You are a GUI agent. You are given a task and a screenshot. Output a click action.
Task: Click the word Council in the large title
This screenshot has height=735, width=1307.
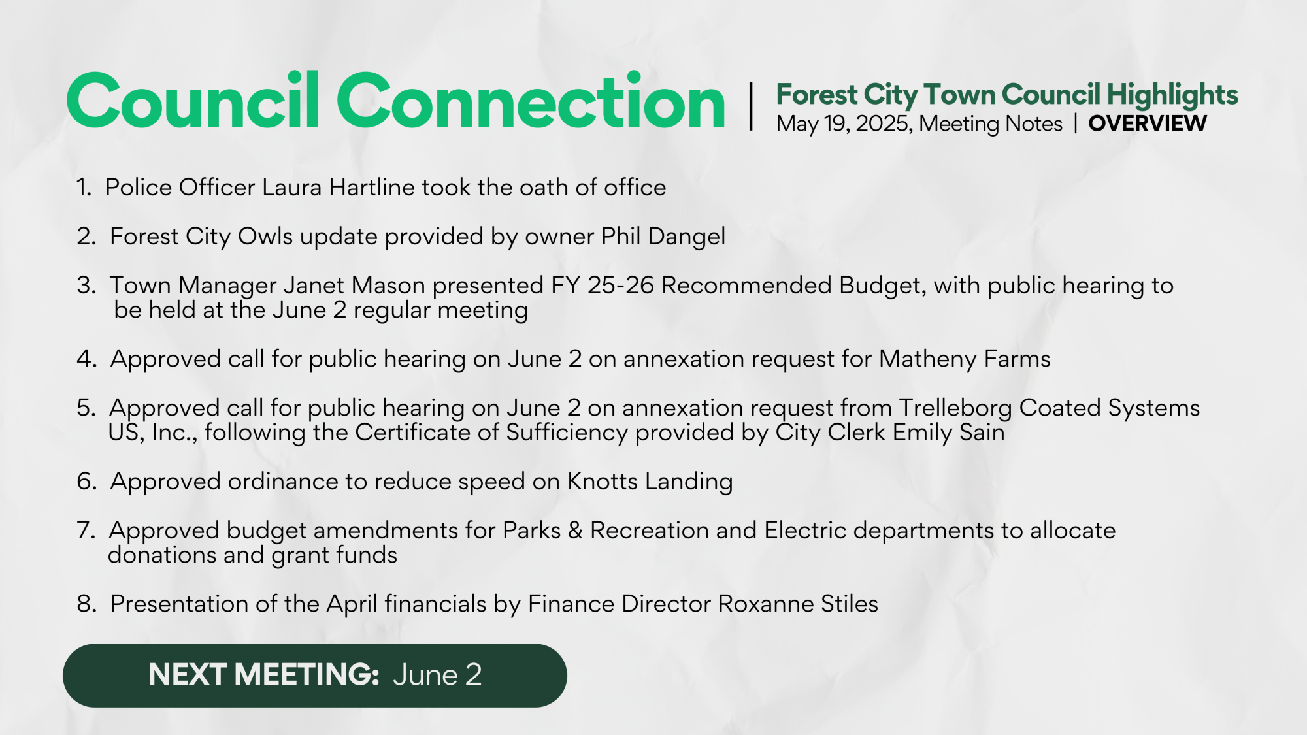(x=193, y=101)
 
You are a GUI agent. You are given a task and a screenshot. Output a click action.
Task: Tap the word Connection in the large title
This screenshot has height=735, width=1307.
(x=531, y=101)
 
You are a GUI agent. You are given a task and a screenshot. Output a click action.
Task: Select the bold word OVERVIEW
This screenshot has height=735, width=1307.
(x=1147, y=123)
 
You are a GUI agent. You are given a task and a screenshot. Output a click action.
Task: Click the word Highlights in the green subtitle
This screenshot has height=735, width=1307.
(x=1172, y=95)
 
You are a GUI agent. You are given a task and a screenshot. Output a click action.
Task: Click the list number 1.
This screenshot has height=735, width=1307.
(x=83, y=188)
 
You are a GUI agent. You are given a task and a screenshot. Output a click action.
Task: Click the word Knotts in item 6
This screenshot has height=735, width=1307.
(x=602, y=482)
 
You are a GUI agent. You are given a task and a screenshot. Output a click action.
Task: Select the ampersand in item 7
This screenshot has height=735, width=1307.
(x=575, y=531)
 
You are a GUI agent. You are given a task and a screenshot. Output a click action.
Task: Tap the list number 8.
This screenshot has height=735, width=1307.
(x=86, y=604)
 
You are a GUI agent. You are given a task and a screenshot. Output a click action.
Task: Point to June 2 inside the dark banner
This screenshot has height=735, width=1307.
(x=437, y=675)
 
